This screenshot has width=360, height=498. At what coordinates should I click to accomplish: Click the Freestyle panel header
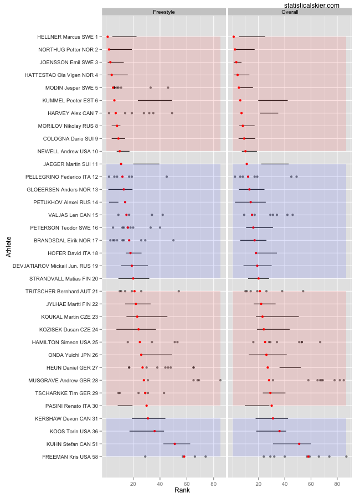(164, 12)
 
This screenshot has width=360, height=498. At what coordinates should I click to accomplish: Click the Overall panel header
(290, 12)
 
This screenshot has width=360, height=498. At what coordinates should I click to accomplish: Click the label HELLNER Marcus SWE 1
(67, 37)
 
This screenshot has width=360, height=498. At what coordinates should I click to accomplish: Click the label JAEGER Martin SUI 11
(70, 164)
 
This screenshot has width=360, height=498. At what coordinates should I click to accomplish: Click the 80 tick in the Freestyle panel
(214, 483)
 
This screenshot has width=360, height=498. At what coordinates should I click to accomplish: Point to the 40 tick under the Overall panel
(285, 483)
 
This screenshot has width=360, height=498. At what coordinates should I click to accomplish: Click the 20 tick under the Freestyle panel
(133, 483)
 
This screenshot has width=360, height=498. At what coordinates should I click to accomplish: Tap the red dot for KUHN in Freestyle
(174, 444)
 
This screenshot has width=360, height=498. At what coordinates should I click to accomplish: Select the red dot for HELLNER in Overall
(234, 37)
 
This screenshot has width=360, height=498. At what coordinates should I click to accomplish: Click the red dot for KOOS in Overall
(280, 431)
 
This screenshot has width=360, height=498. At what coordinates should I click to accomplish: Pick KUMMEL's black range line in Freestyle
(155, 101)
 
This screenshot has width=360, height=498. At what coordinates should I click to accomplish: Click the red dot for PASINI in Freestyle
(146, 406)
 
